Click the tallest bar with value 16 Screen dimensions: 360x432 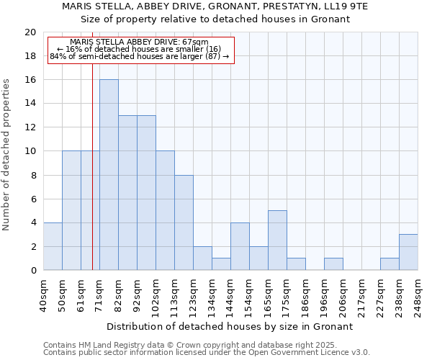[x=109, y=175]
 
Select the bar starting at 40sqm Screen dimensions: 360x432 [x=53, y=246]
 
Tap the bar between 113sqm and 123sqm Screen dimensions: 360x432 [x=184, y=222]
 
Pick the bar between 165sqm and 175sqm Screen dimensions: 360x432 [x=277, y=240]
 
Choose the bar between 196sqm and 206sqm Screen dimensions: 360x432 [x=333, y=264]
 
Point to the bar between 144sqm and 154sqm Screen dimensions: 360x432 [x=240, y=246]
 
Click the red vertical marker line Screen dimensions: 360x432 [x=93, y=180]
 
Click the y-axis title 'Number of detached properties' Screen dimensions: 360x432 [x=7, y=155]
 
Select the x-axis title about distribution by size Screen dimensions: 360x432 [x=234, y=326]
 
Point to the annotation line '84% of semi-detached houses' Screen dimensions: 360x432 [x=140, y=56]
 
